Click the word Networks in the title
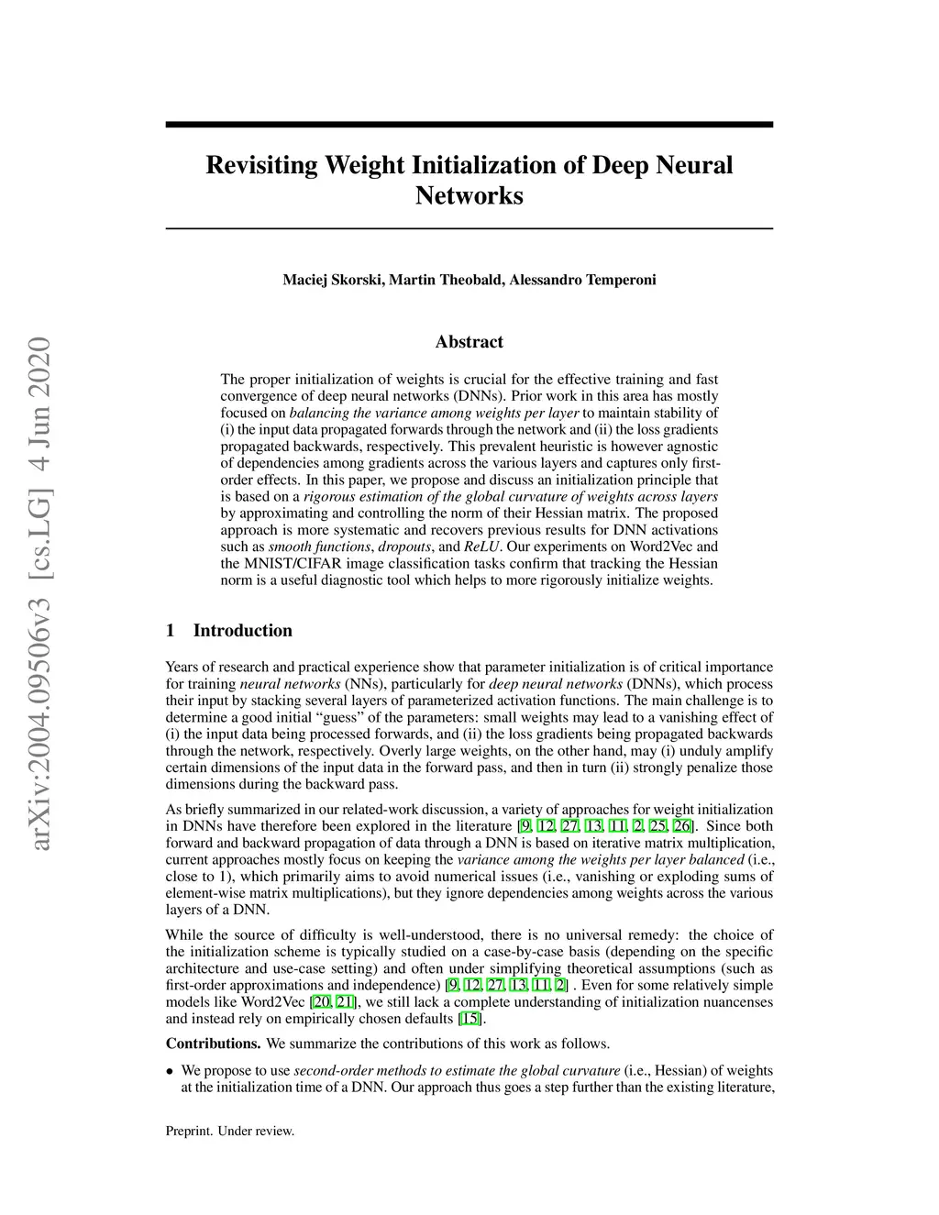coord(469,196)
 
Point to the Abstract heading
coord(469,342)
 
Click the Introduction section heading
coord(242,631)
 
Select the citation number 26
coord(682,826)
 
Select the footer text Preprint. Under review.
coord(230,1132)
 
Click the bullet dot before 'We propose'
coord(170,1071)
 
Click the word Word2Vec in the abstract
coord(657,547)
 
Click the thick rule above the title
coord(469,125)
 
